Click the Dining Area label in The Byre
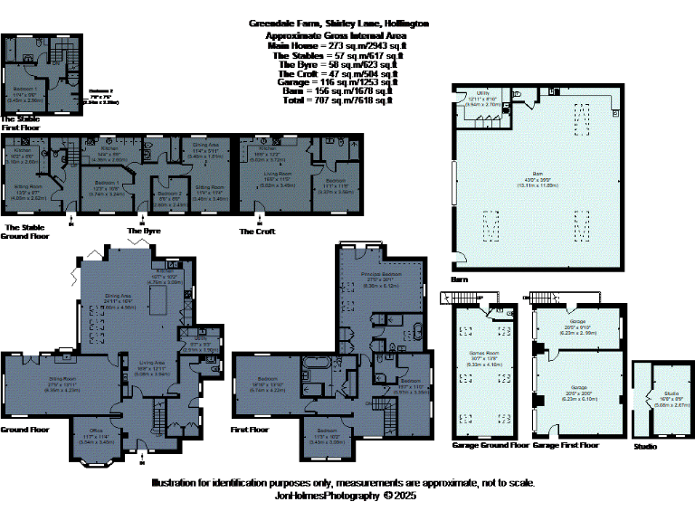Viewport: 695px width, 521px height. [208, 152]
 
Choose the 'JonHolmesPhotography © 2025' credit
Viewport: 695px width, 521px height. [345, 496]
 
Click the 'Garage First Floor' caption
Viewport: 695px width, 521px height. [566, 446]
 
